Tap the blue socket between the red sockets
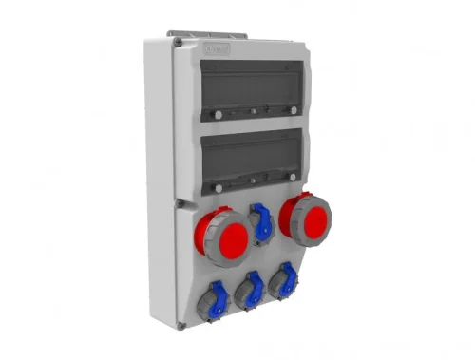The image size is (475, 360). click(262, 224)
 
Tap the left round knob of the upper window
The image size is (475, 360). click(218, 115)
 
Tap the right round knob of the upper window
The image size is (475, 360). click(294, 109)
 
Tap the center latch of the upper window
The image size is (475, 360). click(256, 112)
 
